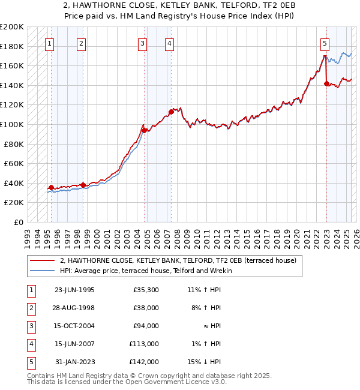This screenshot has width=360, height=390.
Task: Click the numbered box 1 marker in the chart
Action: click(49, 43)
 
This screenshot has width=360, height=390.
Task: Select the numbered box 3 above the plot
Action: click(142, 43)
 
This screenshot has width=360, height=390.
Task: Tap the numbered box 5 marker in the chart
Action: click(325, 43)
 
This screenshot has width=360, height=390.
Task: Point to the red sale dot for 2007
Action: click(171, 112)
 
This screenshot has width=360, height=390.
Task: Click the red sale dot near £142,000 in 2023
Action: click(326, 83)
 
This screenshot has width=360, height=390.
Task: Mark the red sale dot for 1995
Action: click(51, 187)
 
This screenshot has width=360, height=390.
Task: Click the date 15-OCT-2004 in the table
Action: click(74, 326)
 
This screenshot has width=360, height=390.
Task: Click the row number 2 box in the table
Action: click(30, 308)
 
